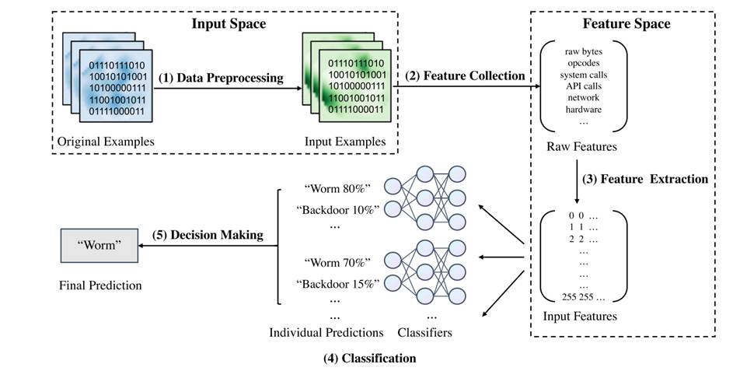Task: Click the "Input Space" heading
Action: pos(229,23)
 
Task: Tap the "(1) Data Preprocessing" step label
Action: pos(220,78)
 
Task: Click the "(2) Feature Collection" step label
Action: pos(465,75)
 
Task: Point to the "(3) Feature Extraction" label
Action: pos(645,179)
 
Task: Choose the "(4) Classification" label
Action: pos(369,359)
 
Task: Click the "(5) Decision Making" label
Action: pos(209,234)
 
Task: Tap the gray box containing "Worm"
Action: pos(99,246)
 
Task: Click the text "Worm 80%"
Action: pos(337,189)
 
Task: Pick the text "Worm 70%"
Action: pos(337,263)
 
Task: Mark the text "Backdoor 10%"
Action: pos(337,210)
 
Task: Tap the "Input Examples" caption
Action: pos(344,141)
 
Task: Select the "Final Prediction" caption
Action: pos(100,285)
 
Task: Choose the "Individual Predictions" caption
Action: pos(326,332)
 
